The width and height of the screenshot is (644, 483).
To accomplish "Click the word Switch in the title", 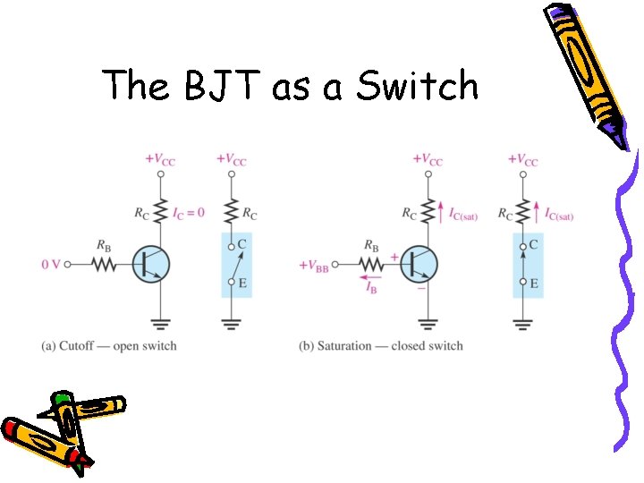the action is tap(418, 87).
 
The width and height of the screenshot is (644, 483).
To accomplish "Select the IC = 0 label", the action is tap(187, 213).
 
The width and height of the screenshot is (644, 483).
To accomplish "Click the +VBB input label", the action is tap(314, 266).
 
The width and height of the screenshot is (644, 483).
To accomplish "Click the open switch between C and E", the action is tap(235, 264).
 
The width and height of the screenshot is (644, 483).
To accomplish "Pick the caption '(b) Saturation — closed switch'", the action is tap(381, 346).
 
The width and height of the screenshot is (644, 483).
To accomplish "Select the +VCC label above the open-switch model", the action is tap(233, 160).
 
